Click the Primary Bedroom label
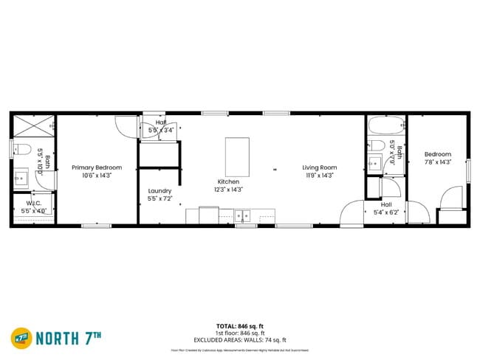pyautogui.click(x=97, y=167)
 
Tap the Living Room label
pyautogui.click(x=319, y=167)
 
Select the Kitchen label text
pyautogui.click(x=228, y=181)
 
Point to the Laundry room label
pyautogui.click(x=160, y=190)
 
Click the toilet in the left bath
pyautogui.click(x=21, y=148)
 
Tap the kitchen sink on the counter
pyautogui.click(x=242, y=216)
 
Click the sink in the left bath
pyautogui.click(x=20, y=178)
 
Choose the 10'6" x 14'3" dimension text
pyautogui.click(x=97, y=176)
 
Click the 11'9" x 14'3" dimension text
pyautogui.click(x=319, y=176)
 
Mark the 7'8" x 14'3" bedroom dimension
pyautogui.click(x=437, y=162)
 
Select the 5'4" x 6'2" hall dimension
pyautogui.click(x=385, y=212)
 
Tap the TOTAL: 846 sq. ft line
pyautogui.click(x=240, y=325)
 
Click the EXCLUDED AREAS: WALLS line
pyautogui.click(x=240, y=339)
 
